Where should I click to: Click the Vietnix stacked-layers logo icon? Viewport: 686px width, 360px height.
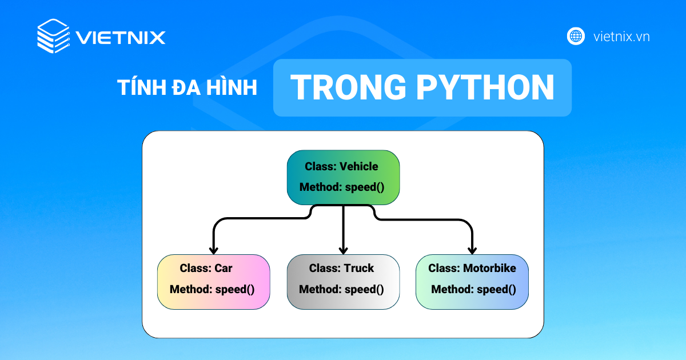coord(54,36)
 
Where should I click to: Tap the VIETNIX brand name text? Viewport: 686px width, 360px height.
coord(121,38)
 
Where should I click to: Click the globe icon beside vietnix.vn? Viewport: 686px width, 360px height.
coord(576,36)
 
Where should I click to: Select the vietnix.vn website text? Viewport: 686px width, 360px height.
coord(621,37)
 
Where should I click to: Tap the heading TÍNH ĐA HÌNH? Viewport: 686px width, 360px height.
coord(187,88)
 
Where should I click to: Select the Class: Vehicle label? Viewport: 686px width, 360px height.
coord(341,166)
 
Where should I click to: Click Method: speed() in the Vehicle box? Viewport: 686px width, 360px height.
coord(342,187)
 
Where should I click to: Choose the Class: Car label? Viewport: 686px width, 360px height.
coord(206,268)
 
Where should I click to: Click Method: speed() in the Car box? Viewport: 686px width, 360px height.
coord(212,289)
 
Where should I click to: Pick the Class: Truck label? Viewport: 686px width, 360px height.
coord(341,268)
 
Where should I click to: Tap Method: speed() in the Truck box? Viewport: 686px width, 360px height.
coord(341,289)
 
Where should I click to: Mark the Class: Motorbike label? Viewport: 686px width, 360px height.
coord(472,268)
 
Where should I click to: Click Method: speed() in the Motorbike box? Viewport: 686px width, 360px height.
coord(473,289)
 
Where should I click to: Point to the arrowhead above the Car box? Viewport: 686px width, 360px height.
coord(213,250)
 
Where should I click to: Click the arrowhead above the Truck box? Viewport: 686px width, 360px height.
coord(343,250)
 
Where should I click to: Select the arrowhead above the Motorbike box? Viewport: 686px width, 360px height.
coord(472,250)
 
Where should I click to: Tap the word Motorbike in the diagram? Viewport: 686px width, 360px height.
coord(489,268)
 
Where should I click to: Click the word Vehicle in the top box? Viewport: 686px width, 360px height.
coord(358,166)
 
